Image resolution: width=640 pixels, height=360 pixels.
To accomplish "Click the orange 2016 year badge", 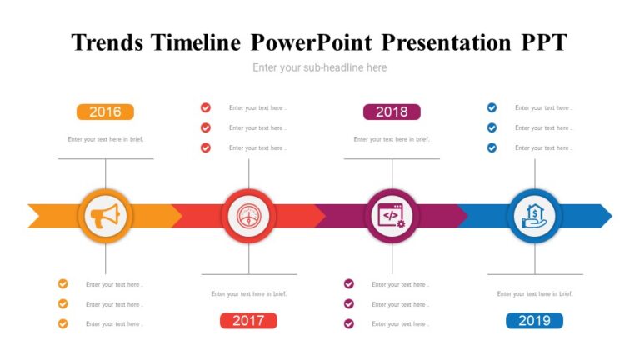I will (x=105, y=112).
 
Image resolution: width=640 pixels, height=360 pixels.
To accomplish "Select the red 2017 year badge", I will (x=248, y=321).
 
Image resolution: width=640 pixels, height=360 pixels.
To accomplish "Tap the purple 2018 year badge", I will (x=392, y=112).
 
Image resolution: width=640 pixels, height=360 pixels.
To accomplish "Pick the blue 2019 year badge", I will (x=534, y=321).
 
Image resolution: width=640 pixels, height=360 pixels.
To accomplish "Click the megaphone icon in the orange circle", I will (x=105, y=216).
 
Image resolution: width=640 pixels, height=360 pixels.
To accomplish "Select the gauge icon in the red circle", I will (x=248, y=216).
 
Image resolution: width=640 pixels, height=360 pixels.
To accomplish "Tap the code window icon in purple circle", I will (x=392, y=216).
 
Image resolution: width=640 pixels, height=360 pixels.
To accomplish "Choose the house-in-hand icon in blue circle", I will (x=534, y=216).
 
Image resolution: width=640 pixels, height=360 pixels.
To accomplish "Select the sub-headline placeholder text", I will (x=320, y=67).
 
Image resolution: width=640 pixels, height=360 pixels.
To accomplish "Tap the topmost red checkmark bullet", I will (x=206, y=107).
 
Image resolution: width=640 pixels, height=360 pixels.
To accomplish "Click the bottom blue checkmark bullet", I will (x=492, y=147).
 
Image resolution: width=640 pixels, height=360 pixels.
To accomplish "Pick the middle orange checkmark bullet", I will (x=62, y=304).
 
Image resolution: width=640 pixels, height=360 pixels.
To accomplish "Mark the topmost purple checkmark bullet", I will (x=349, y=284).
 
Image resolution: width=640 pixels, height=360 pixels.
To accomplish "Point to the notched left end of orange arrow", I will (x=35, y=216).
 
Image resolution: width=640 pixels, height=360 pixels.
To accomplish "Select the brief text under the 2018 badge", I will (x=392, y=139).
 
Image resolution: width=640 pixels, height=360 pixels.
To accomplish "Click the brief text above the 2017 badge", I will (x=248, y=293).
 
